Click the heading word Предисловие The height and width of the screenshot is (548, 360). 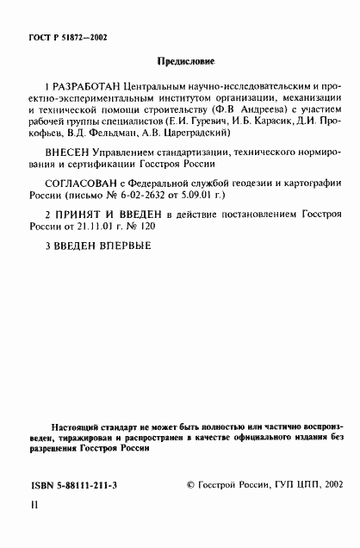coord(186,61)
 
